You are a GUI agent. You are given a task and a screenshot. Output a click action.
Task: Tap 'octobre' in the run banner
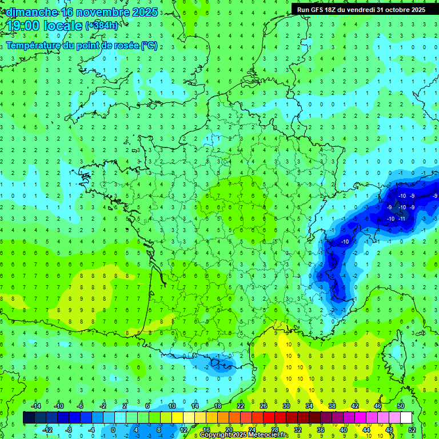pyautogui.click(x=397, y=10)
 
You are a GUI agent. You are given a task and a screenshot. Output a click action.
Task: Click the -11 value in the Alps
pyautogui.click(x=402, y=219)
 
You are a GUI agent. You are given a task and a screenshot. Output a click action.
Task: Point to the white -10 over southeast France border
pyautogui.click(x=345, y=242)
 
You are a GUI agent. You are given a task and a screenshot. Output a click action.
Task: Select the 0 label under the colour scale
pyautogui.click(x=113, y=430)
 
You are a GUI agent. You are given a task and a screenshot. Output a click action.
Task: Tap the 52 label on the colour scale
pyautogui.click(x=412, y=430)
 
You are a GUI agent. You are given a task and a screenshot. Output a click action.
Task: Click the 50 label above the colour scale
pyautogui.click(x=401, y=406)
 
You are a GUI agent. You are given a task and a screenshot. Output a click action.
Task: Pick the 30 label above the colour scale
pyautogui.click(x=286, y=406)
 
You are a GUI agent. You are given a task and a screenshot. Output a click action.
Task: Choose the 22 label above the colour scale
pyautogui.click(x=241, y=406)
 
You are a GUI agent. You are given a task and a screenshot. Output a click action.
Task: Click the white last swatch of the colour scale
pyautogui.click(x=406, y=418)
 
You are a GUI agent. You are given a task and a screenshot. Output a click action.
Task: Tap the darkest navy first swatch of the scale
pyautogui.click(x=29, y=418)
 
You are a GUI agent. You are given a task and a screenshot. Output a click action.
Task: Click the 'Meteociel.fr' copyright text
pyautogui.click(x=268, y=435)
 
